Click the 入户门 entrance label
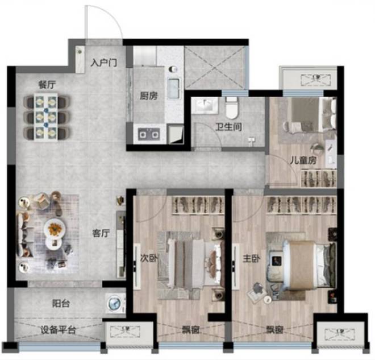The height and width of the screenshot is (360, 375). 104,63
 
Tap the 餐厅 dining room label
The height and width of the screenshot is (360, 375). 47,85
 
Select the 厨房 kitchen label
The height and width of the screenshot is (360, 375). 149,96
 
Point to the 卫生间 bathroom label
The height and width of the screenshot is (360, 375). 228,127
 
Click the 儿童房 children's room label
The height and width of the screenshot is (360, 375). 303,160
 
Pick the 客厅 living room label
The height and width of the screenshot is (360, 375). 101,233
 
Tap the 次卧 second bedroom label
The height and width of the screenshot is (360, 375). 148,258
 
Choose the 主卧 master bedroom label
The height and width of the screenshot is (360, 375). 251,258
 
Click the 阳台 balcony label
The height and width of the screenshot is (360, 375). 61,304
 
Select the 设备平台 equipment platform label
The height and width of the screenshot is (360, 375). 58,330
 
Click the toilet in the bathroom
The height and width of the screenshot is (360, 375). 232,107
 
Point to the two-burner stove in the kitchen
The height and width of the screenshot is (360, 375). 149,134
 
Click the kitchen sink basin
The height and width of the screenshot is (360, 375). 173,88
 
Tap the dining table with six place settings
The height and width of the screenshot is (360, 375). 45,117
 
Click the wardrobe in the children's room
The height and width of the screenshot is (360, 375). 318,178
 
